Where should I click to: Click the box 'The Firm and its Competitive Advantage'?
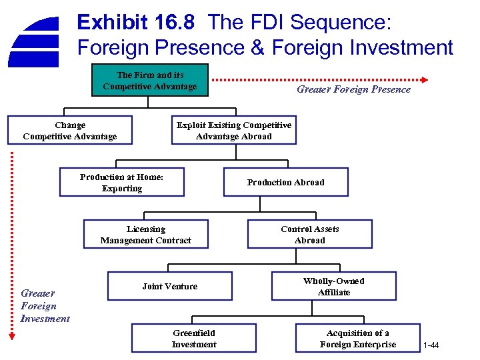tap(150, 80)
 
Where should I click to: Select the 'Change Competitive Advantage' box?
tap(70, 131)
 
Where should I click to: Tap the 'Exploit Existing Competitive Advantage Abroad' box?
tap(233, 131)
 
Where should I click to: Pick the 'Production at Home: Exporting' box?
tap(121, 183)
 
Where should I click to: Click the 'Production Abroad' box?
tap(285, 182)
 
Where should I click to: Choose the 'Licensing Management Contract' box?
tap(145, 235)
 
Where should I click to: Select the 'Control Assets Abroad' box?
tap(309, 235)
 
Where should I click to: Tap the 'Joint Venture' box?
tap(169, 286)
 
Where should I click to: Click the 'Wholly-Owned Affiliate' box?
tap(333, 286)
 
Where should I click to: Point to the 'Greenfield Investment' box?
tap(193, 338)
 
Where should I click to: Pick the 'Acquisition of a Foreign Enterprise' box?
tap(357, 338)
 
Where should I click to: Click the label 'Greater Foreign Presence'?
tap(353, 89)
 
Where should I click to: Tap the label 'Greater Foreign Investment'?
tap(45, 306)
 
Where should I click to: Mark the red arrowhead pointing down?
tap(11, 337)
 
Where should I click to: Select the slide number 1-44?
tap(431, 345)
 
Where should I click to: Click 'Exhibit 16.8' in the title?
tap(136, 23)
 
